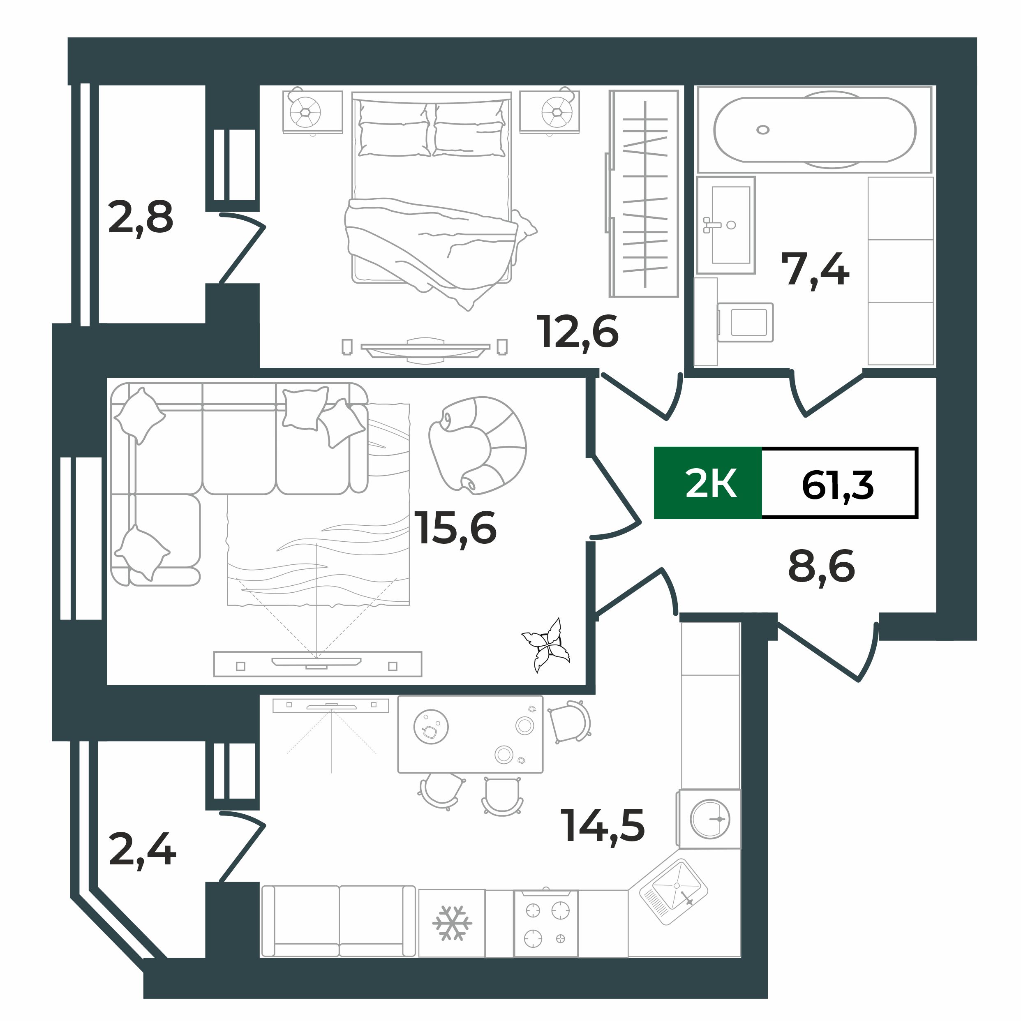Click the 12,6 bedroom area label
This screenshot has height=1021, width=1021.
(x=577, y=332)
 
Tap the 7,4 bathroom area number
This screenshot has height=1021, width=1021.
(x=815, y=270)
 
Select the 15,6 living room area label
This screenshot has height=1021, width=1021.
(x=455, y=528)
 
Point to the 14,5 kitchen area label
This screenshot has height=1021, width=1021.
(x=603, y=825)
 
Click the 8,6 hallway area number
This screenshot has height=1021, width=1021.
(x=821, y=566)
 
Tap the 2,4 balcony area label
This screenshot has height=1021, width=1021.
(x=142, y=849)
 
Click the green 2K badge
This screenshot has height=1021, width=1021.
(x=708, y=483)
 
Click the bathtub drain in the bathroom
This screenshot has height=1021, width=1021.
(x=762, y=129)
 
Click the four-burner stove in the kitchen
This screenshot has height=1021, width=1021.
(x=546, y=924)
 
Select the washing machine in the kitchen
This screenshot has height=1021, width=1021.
(x=709, y=819)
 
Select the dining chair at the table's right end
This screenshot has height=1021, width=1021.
(x=568, y=722)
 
